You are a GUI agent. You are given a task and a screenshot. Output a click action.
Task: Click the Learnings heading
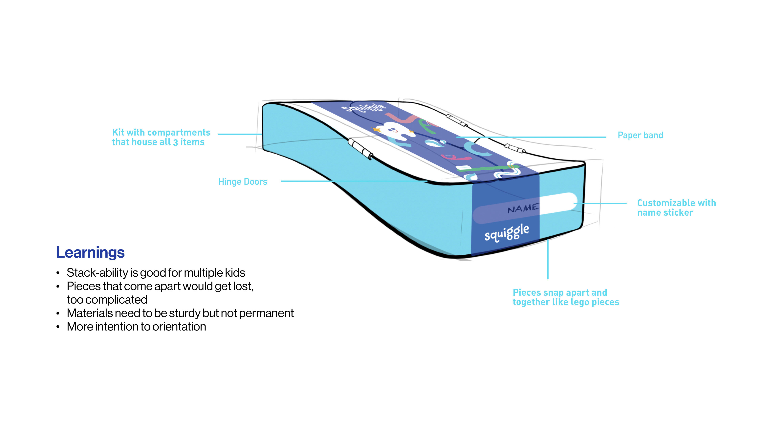click(90, 253)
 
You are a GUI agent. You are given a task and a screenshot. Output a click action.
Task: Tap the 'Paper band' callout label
click(640, 135)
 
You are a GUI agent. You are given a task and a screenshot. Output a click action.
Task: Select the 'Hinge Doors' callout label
click(243, 182)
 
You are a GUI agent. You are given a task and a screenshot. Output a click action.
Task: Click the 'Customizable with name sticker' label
click(676, 208)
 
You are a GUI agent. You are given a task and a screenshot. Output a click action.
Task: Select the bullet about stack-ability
click(156, 273)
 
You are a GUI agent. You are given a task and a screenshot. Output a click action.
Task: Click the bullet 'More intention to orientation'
click(136, 327)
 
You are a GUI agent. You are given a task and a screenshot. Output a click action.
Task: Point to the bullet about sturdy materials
click(180, 313)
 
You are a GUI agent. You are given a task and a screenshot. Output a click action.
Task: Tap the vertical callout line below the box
click(548, 260)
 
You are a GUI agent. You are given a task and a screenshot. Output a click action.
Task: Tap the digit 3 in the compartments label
click(175, 143)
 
